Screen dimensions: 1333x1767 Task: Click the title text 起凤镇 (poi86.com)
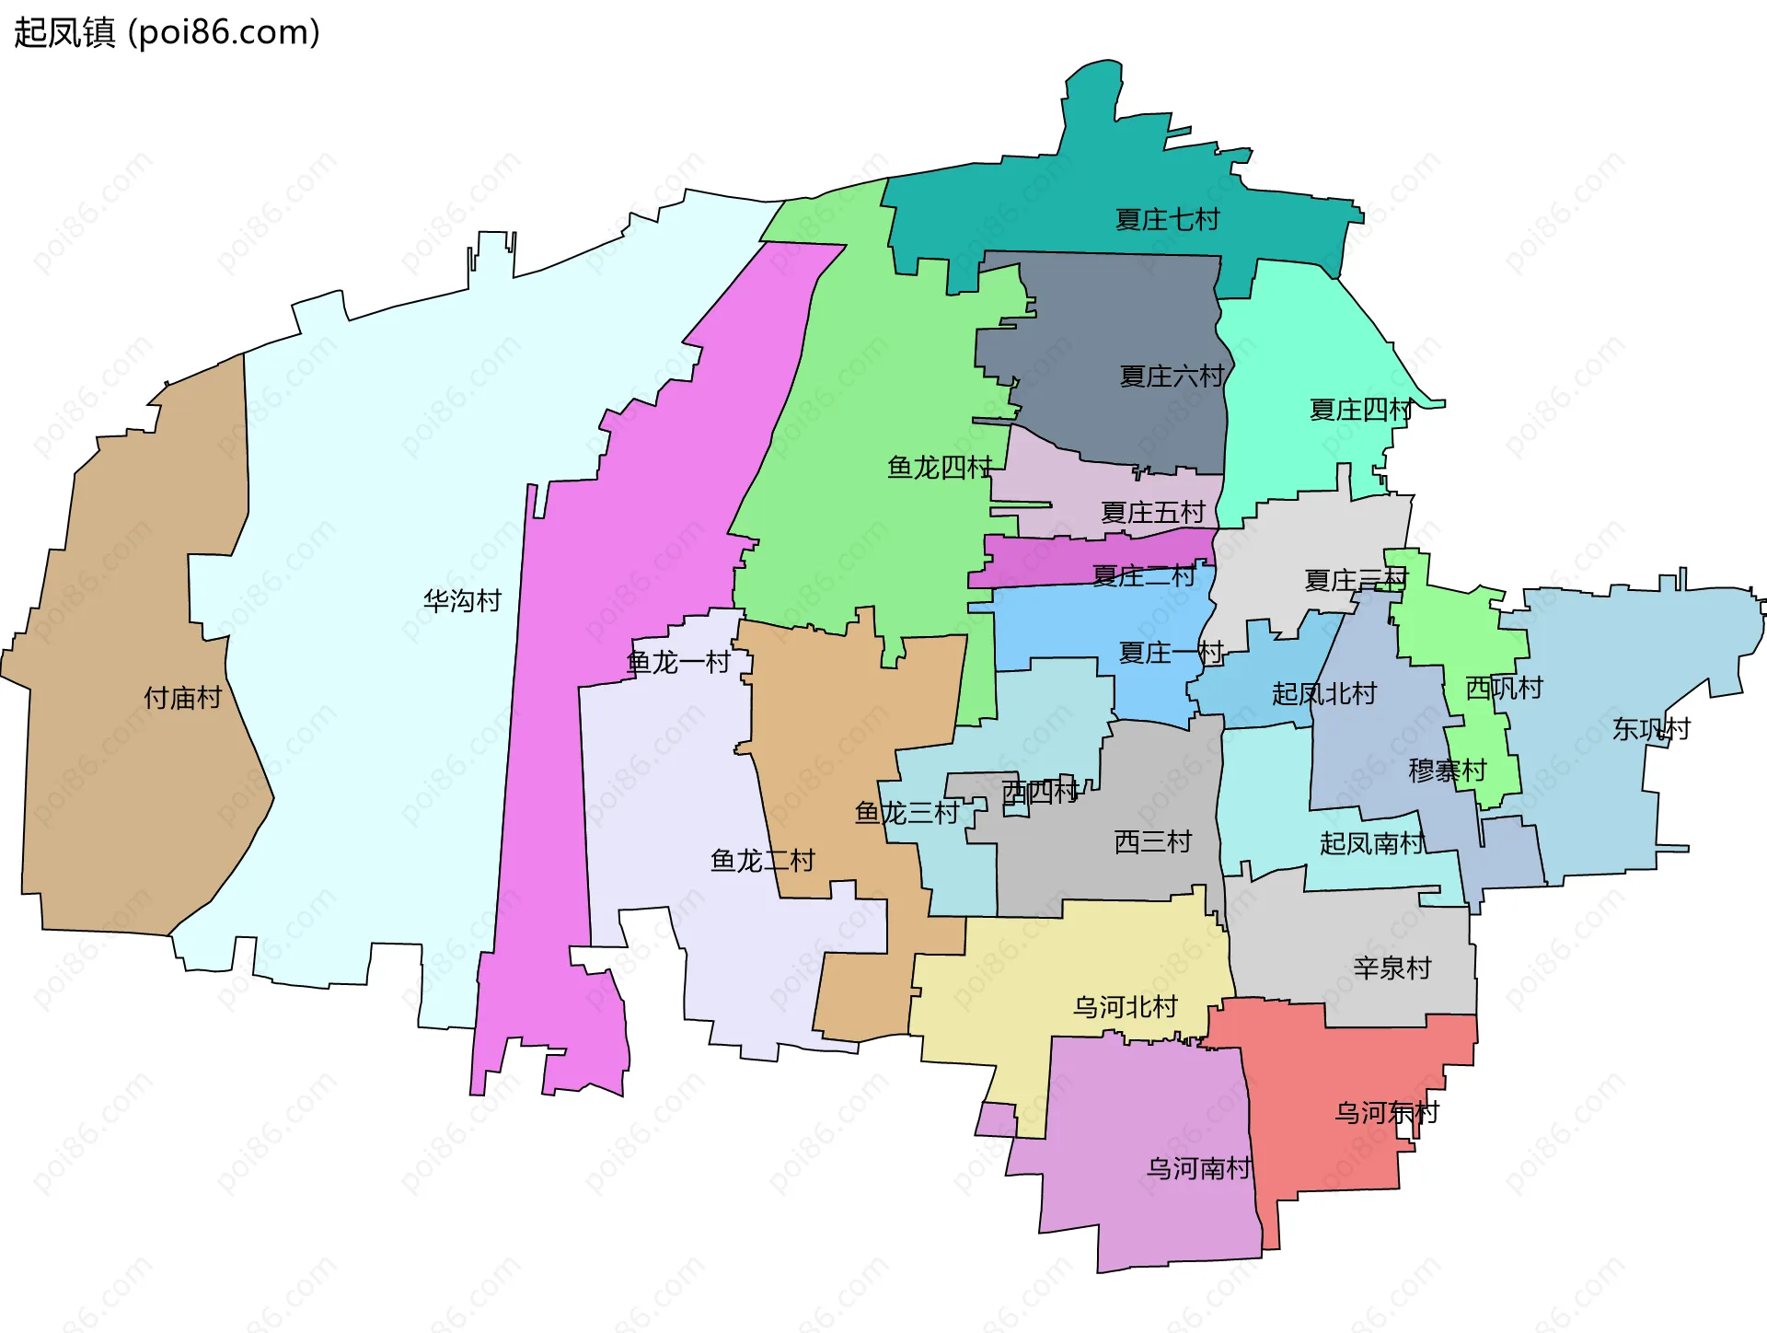coord(167,32)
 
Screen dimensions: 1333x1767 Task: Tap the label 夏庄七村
coord(1167,219)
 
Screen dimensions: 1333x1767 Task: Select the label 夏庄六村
coord(1172,376)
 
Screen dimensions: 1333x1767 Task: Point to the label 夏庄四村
coord(1360,410)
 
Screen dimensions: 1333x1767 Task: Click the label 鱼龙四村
coord(940,468)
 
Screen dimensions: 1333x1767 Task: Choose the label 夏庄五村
coord(1152,512)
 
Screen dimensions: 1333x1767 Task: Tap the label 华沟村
coord(462,601)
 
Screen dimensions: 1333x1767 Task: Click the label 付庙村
coord(182,698)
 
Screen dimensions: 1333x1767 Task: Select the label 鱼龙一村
coord(677,662)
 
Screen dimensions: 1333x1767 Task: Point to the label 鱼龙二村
coord(762,861)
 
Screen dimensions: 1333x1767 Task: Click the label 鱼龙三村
coord(907,812)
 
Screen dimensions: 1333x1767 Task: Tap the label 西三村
coord(1152,841)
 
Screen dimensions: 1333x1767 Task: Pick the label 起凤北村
coord(1323,694)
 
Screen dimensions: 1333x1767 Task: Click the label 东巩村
coord(1651,729)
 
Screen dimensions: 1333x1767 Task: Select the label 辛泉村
coord(1392,968)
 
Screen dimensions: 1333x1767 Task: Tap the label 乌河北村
coord(1125,1006)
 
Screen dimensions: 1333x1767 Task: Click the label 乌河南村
coord(1198,1168)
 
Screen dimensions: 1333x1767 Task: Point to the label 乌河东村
coord(1386,1112)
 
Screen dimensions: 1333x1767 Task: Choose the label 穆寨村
coord(1447,771)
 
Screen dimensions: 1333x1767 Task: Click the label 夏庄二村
coord(1143,576)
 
